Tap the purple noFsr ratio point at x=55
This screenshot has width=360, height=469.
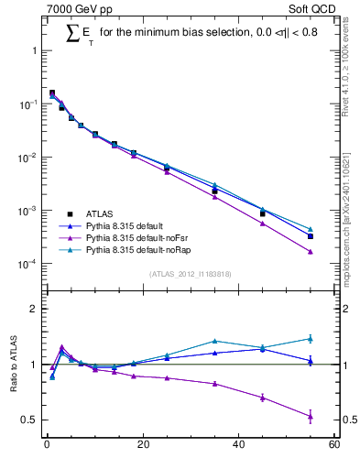point(311,416)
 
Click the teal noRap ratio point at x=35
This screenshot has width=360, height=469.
point(214,341)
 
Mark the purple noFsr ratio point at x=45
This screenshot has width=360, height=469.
point(262,398)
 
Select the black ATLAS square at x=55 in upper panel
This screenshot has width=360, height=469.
point(311,236)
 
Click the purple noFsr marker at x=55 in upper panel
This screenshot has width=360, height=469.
point(311,252)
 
